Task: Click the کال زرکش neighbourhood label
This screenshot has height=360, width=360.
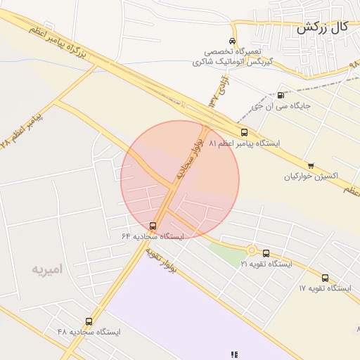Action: coord(322,28)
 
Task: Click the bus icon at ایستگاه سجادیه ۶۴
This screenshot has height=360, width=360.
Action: coord(154,226)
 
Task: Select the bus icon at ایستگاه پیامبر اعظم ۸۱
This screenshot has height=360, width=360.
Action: coord(244,132)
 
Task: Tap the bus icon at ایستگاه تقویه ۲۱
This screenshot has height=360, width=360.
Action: coord(266,253)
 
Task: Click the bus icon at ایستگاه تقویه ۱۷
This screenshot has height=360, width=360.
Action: coord(325,278)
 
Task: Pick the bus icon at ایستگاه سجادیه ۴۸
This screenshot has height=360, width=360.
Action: coord(89,321)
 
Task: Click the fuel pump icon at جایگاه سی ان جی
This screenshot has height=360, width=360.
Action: coord(281,96)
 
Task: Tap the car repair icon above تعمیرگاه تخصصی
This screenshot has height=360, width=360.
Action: coord(233,41)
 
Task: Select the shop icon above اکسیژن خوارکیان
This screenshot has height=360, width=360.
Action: coord(311,166)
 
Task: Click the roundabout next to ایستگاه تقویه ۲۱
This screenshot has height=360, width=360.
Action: coord(251,250)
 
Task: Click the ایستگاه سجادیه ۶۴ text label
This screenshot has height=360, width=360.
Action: coord(153,237)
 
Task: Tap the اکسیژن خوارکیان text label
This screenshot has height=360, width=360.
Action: coord(311,176)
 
